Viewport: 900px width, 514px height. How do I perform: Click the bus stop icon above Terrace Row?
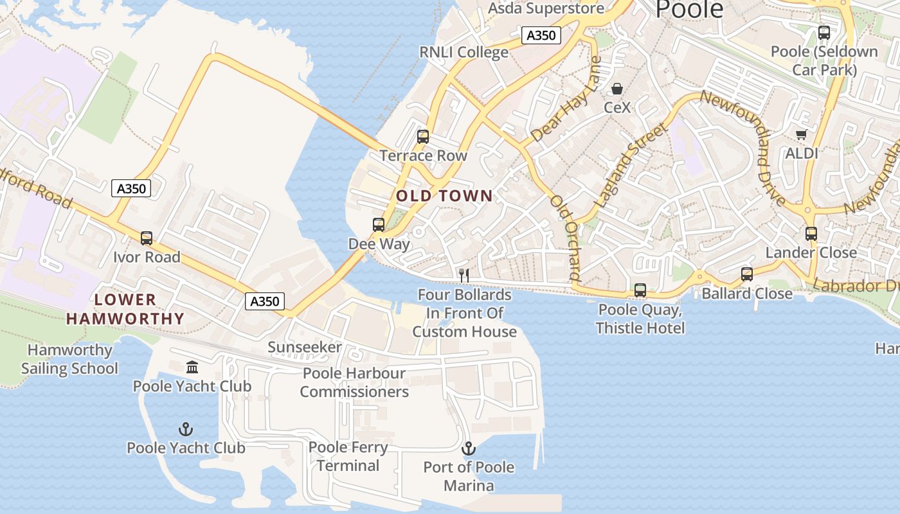(422, 136)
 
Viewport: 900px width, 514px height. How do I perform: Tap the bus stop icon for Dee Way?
(379, 225)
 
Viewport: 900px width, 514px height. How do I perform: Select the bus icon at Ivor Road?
(147, 238)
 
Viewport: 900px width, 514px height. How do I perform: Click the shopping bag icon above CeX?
(617, 88)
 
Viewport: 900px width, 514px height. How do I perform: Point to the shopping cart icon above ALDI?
(801, 134)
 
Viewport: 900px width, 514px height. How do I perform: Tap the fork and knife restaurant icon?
(464, 276)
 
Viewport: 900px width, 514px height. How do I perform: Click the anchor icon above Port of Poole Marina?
(469, 448)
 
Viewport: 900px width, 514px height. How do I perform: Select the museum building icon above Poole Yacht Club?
(192, 367)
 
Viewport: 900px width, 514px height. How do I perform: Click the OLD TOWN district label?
(444, 196)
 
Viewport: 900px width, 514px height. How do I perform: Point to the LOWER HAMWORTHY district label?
(125, 309)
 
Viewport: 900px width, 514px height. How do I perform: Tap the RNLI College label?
(464, 52)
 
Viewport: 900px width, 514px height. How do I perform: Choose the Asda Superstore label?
(546, 8)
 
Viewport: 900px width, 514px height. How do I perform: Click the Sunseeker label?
(305, 348)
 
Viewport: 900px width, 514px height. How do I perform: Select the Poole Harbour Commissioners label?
(354, 382)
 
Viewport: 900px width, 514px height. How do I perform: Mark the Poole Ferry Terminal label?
(348, 456)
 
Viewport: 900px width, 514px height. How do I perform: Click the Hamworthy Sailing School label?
(69, 359)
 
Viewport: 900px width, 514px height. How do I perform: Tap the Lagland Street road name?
(631, 166)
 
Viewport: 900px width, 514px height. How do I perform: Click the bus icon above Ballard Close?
(747, 274)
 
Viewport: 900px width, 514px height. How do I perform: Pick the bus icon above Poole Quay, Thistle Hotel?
(640, 290)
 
